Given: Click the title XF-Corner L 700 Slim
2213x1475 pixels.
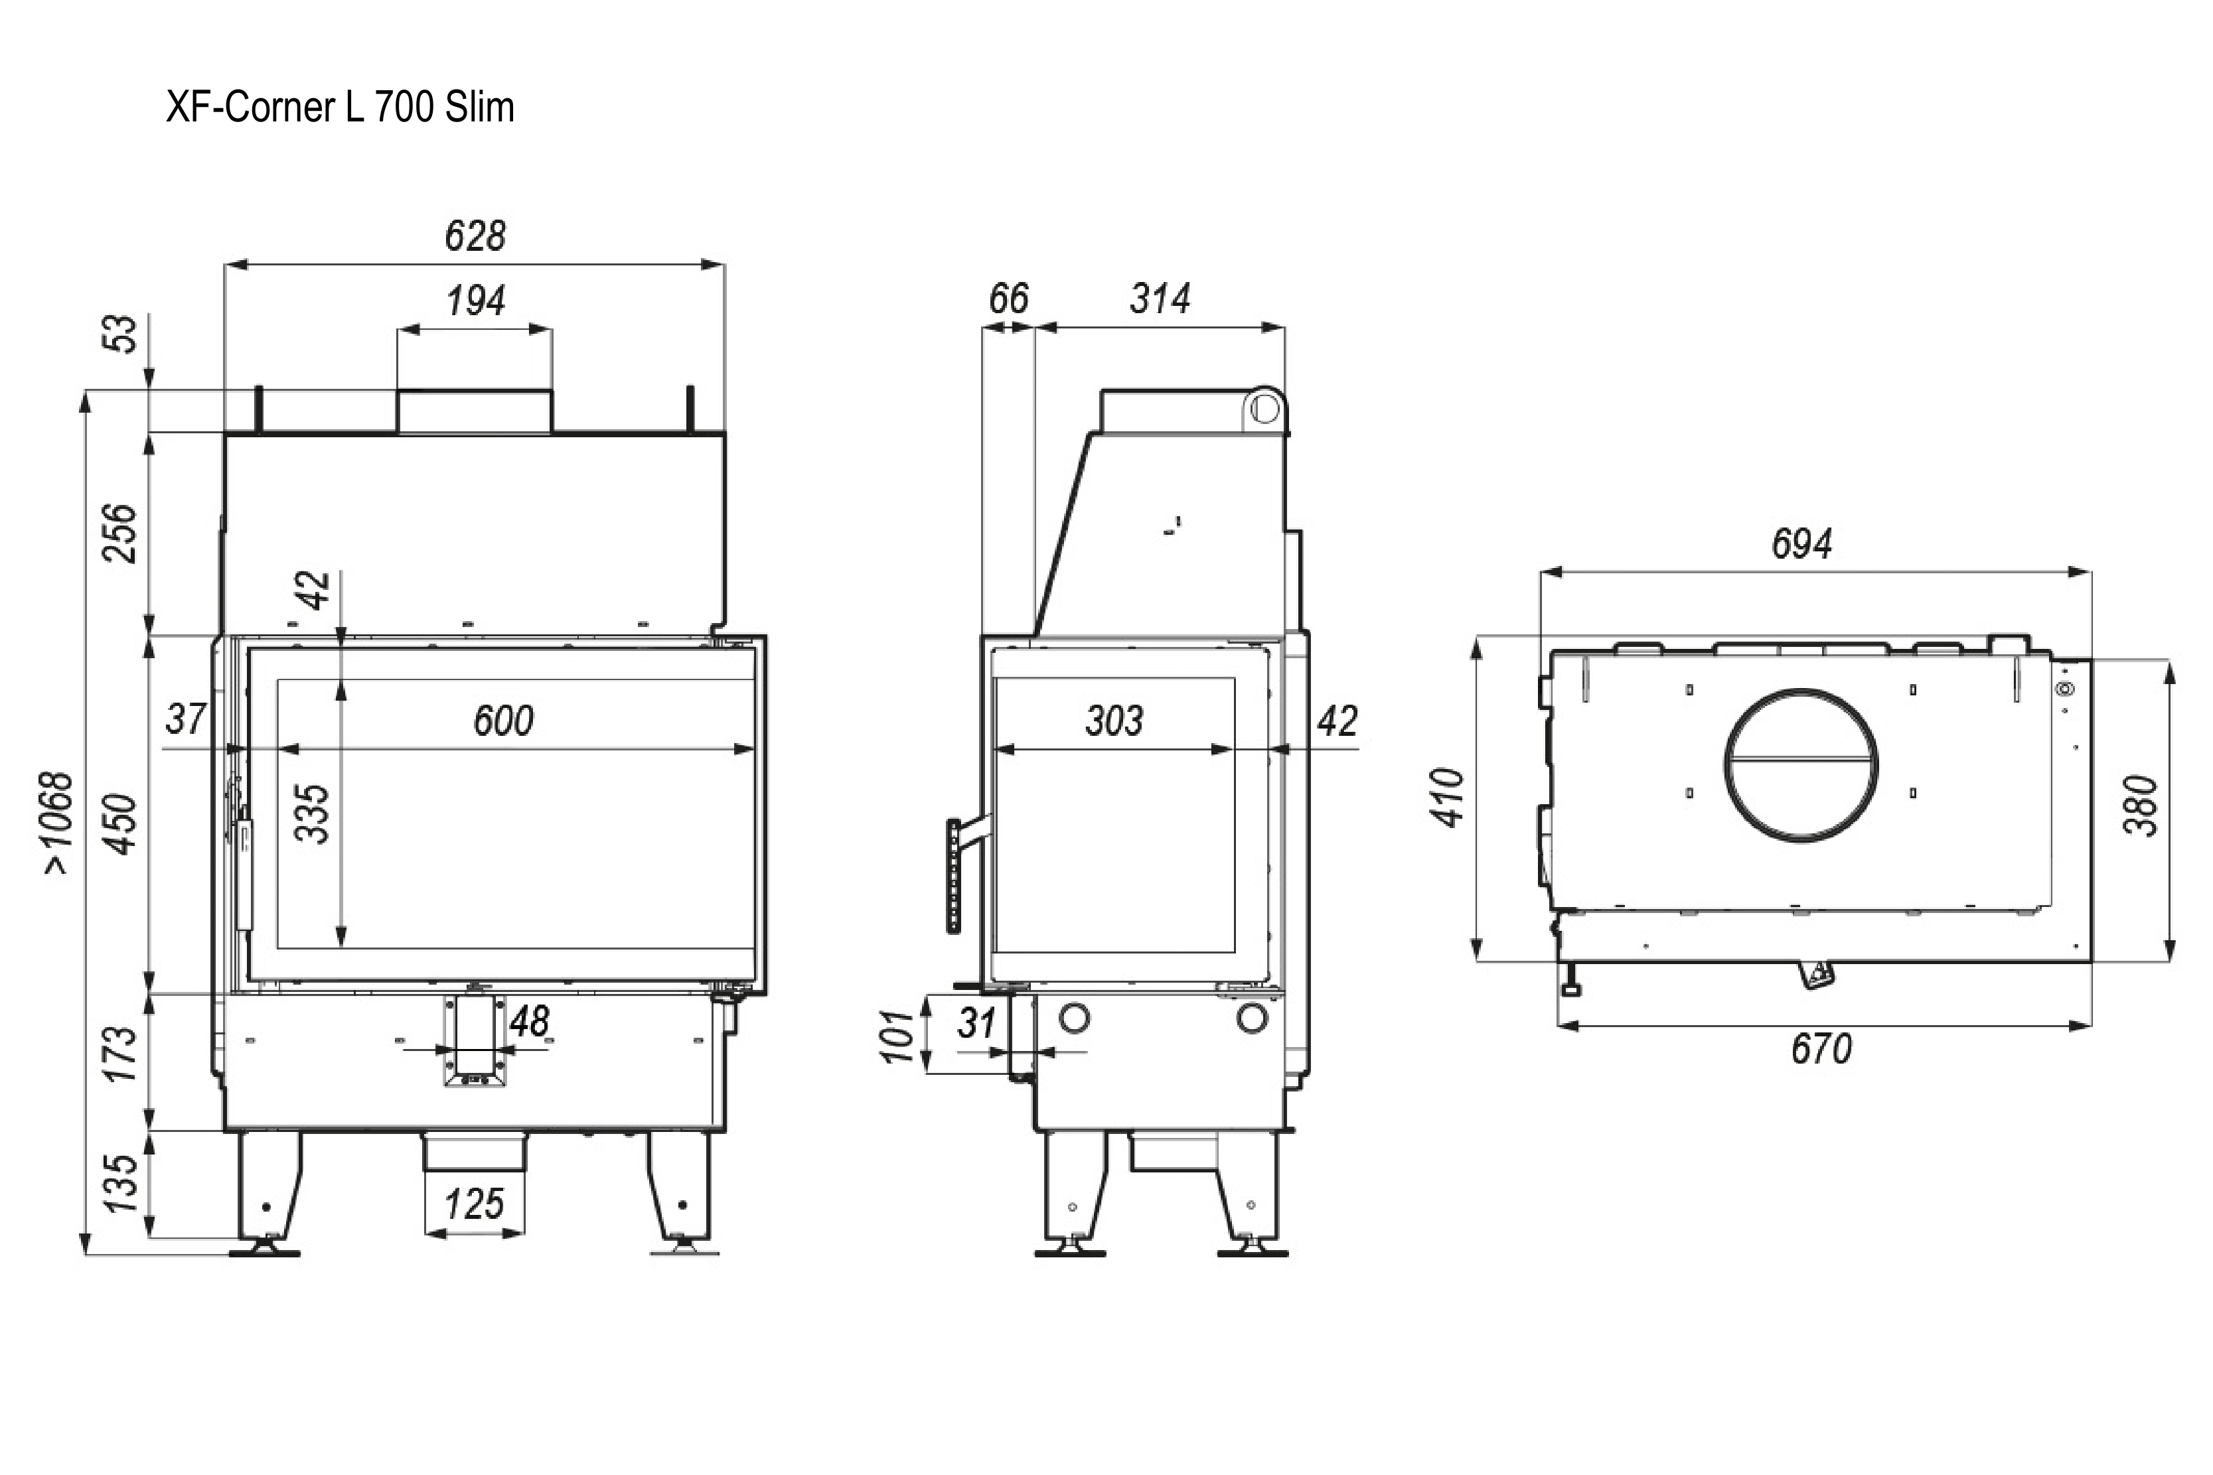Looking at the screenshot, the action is click(x=340, y=107).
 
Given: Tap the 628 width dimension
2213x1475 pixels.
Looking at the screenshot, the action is click(x=475, y=235).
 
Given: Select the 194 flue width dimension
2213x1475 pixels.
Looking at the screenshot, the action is click(x=475, y=301).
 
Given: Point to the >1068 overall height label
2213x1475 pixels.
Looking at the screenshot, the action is click(x=58, y=823).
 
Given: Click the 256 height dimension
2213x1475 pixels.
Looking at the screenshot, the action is click(x=120, y=533).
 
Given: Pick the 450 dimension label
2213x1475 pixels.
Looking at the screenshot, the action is click(x=120, y=825).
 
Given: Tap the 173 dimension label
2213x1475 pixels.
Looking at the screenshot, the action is click(x=120, y=1054).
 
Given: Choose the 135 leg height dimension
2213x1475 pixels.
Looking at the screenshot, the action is click(x=120, y=1184).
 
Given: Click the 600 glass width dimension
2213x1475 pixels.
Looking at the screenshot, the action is click(x=503, y=721).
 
